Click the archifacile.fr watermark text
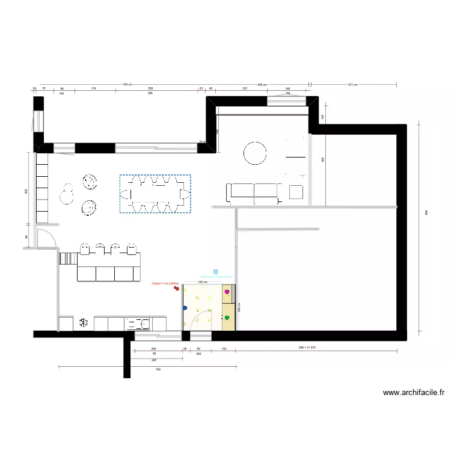point(414,393)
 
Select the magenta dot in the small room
point(227,293)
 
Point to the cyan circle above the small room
point(215,272)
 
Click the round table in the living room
point(255,153)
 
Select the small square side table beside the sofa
point(295,192)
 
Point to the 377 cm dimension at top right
point(352,85)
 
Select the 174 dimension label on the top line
point(94,89)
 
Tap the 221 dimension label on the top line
point(245,89)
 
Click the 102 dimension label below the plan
point(224,349)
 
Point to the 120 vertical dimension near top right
point(322,117)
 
